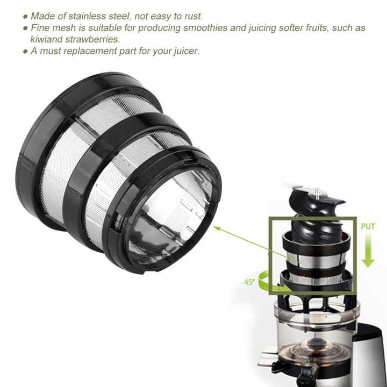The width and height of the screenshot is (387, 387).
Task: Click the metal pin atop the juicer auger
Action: [319, 191]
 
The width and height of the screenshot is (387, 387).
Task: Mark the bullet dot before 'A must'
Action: [25, 52]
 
